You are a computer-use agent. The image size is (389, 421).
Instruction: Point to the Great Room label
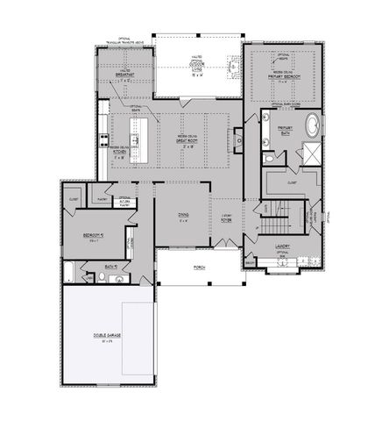pos(185,142)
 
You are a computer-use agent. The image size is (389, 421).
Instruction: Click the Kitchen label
pos(120,154)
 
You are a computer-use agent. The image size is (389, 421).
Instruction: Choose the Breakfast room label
pos(124,75)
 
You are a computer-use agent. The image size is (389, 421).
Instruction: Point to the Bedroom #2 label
pos(95,236)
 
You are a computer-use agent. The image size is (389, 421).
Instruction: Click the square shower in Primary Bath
pos(310,154)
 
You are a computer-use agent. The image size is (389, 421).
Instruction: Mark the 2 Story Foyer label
pos(225,218)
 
